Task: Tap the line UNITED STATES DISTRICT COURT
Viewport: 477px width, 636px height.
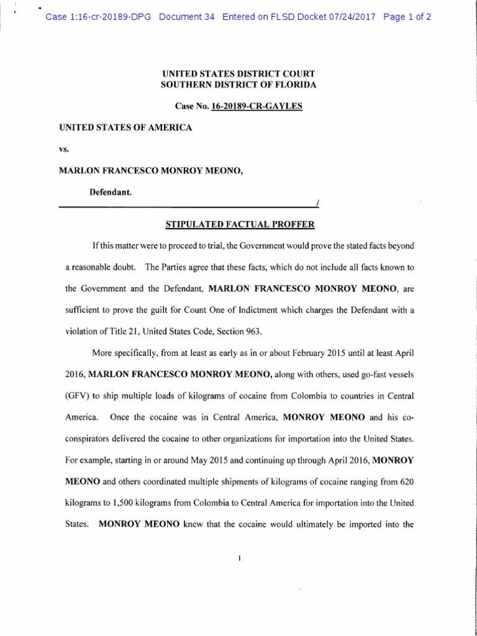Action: pyautogui.click(x=238, y=73)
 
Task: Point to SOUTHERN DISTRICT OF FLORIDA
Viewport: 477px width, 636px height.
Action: pyautogui.click(x=238, y=84)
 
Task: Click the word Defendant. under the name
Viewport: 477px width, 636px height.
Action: pyautogui.click(x=110, y=193)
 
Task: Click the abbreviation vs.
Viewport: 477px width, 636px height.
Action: pyautogui.click(x=63, y=149)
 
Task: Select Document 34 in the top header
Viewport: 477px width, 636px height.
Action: pyautogui.click(x=187, y=17)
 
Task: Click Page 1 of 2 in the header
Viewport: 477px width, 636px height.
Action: pyautogui.click(x=407, y=17)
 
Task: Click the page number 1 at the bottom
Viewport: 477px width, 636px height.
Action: pyautogui.click(x=238, y=558)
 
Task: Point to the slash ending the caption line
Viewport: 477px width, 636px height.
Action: pyautogui.click(x=317, y=203)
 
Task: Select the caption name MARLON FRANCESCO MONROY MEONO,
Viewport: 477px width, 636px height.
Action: pyautogui.click(x=150, y=171)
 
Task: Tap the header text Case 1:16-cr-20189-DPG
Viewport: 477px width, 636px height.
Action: pyautogui.click(x=99, y=17)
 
